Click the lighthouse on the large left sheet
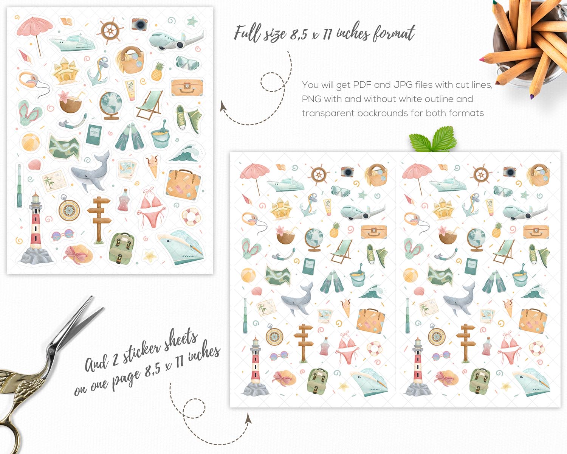(35, 229)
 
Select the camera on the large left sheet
(139, 24)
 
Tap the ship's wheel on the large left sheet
(110, 31)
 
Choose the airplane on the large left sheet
(176, 40)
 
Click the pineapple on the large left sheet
(157, 72)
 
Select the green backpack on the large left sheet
(121, 248)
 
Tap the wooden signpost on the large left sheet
(99, 219)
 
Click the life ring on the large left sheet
(191, 217)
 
